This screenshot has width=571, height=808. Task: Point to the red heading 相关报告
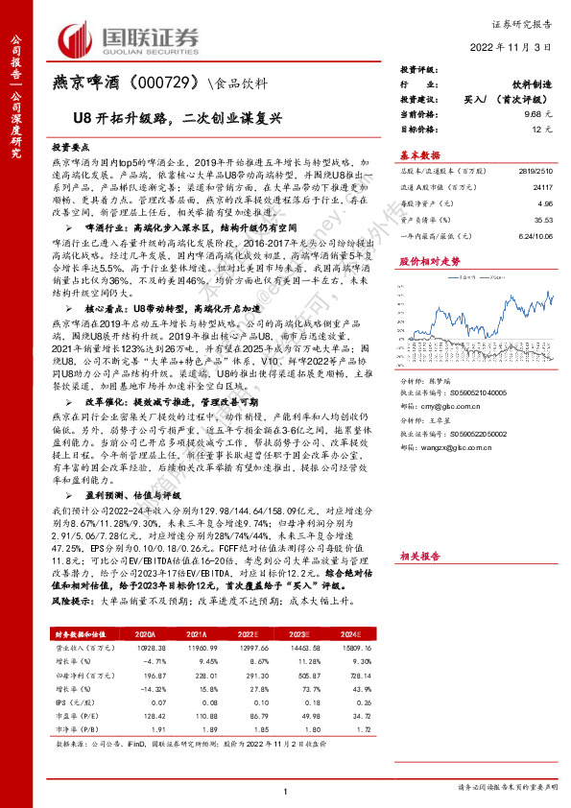coord(418,556)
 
